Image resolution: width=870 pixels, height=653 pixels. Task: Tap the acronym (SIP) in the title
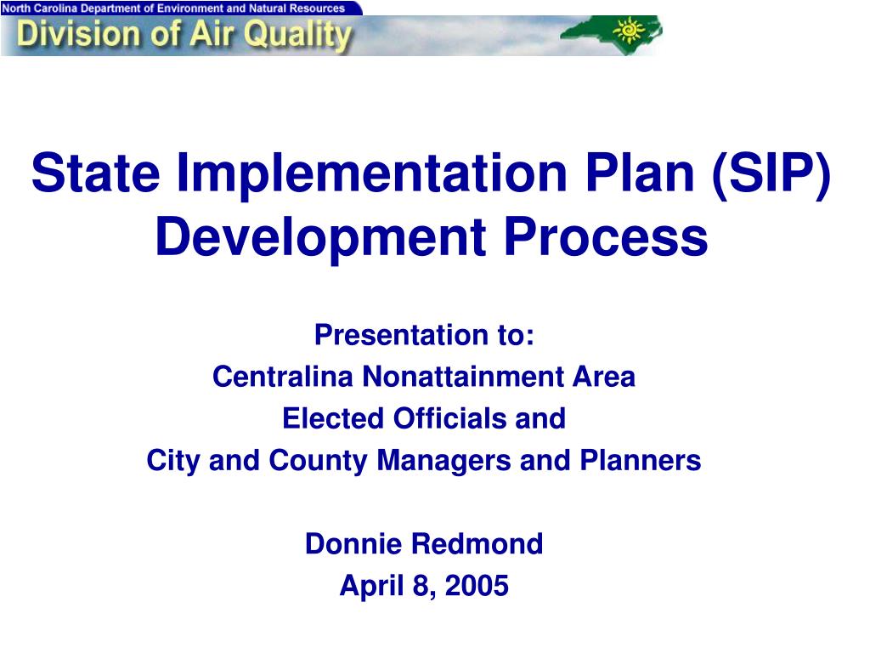pos(771,173)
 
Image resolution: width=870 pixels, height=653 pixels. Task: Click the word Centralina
pos(284,377)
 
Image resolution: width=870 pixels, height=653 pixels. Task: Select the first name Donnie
pos(355,544)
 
